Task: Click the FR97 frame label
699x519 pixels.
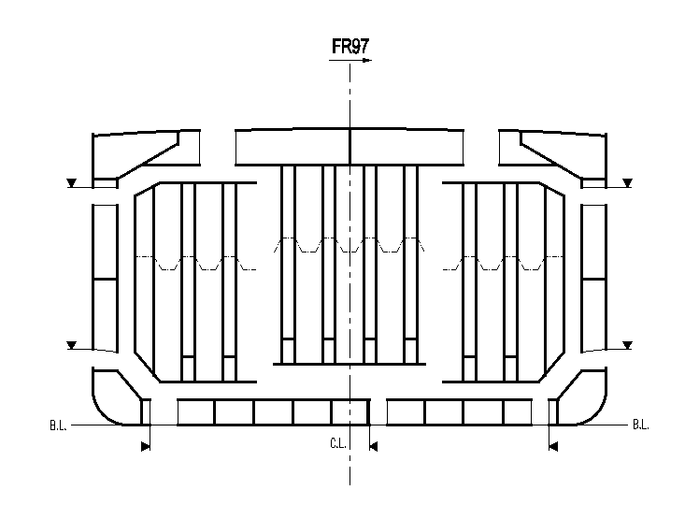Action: pyautogui.click(x=349, y=46)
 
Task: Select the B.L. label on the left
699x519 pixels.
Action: pyautogui.click(x=58, y=425)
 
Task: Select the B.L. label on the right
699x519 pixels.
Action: pyautogui.click(x=641, y=425)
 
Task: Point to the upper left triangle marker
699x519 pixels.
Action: pyautogui.click(x=72, y=182)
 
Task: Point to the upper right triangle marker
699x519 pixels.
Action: pyautogui.click(x=628, y=182)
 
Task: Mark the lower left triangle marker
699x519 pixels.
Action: pyautogui.click(x=72, y=346)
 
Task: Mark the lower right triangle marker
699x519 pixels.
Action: pyautogui.click(x=628, y=346)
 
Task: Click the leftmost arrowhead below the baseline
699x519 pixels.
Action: pyautogui.click(x=145, y=447)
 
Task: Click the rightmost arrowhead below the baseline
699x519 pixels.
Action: pyautogui.click(x=553, y=447)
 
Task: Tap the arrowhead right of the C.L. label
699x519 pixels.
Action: pyautogui.click(x=373, y=447)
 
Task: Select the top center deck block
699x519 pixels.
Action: pyautogui.click(x=349, y=145)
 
